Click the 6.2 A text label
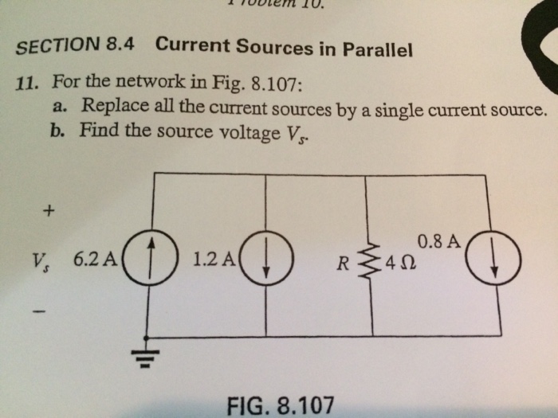pos(94,259)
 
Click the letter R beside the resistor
pos(343,263)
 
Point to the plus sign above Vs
pos(49,212)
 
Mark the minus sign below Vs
pos(48,310)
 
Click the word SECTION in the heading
pos(56,45)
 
